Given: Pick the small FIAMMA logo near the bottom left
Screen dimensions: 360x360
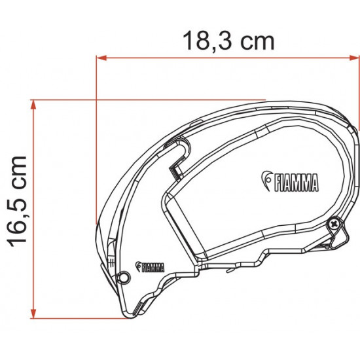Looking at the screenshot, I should [x=150, y=266].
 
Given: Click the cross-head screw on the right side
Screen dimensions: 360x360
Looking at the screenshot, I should [x=335, y=225].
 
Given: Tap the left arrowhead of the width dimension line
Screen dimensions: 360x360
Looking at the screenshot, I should [x=100, y=57].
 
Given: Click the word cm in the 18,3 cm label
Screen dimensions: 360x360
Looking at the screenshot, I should [x=255, y=40].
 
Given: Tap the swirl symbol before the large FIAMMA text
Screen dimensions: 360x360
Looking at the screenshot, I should [x=266, y=179].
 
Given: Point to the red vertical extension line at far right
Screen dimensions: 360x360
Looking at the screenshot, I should [x=359, y=92].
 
